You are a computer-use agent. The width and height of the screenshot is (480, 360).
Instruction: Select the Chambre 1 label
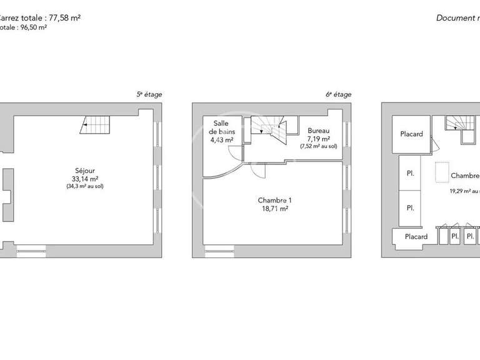(x=275, y=201)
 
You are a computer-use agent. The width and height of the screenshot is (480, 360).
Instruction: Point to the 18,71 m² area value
(x=275, y=209)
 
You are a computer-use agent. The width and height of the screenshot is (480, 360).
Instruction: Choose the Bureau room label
(x=318, y=131)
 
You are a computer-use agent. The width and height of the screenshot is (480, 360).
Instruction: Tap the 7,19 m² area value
(x=319, y=139)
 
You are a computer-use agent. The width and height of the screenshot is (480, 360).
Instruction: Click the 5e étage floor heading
(x=149, y=94)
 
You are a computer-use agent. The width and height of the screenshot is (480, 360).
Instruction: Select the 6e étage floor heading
(x=338, y=94)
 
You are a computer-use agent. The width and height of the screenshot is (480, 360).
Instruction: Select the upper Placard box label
(x=411, y=134)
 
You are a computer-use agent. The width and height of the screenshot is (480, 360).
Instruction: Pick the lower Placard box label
(x=416, y=237)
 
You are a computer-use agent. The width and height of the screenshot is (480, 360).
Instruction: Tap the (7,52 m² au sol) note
(x=319, y=147)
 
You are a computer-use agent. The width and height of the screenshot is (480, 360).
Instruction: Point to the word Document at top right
(x=456, y=18)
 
